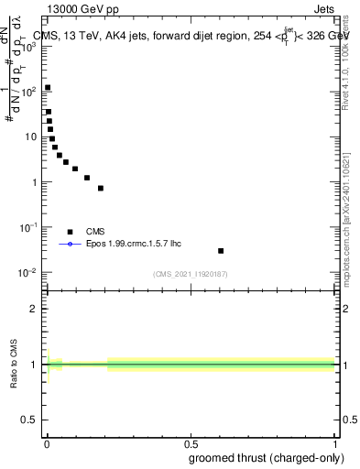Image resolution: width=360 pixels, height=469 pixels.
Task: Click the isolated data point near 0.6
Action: point(221,250)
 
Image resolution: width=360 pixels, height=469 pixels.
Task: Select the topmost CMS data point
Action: point(48,88)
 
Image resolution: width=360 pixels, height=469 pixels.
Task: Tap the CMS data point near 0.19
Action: point(101,188)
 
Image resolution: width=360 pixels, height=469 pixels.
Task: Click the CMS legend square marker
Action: point(70,232)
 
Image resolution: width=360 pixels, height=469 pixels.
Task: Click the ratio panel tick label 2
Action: point(34,309)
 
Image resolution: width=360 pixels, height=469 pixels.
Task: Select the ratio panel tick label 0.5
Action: point(30,420)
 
